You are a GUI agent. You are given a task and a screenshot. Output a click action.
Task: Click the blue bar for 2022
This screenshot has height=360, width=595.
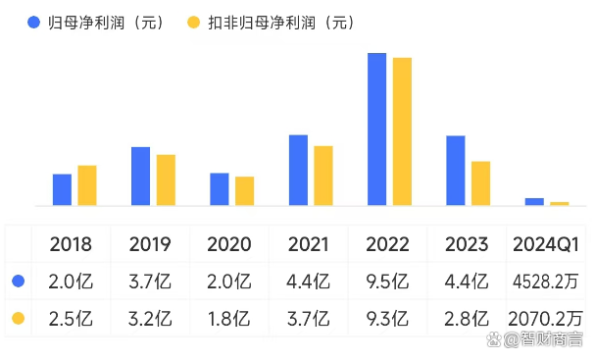point(376,129)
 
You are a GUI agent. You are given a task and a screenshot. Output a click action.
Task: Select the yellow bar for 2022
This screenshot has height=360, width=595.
point(402,131)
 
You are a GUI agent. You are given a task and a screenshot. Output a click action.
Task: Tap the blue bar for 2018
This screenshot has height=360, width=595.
point(62,189)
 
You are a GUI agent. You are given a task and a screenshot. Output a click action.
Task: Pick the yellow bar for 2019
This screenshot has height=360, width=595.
point(166,180)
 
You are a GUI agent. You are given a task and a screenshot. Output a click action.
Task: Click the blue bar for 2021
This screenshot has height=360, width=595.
point(298,170)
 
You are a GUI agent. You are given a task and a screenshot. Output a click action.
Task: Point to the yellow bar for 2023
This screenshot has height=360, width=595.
point(480,183)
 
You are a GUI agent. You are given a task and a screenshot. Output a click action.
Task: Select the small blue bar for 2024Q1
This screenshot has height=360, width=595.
point(534,202)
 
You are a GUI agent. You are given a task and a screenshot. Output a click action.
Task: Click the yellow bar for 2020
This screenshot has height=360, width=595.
point(244,191)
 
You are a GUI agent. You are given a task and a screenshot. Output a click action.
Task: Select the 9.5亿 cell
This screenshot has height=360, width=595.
point(387,282)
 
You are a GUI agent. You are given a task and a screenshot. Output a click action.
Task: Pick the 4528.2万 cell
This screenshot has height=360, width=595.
point(545,282)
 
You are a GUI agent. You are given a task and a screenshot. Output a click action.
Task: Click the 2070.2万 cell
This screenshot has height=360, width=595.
point(545,318)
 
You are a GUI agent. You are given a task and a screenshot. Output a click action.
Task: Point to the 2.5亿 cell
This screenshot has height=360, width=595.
point(72,318)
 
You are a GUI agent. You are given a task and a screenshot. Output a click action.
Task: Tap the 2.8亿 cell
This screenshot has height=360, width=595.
point(467,318)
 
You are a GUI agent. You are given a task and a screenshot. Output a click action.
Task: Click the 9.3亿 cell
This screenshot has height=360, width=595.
point(387,318)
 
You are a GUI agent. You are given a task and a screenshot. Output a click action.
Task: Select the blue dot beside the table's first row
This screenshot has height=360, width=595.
point(17,282)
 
